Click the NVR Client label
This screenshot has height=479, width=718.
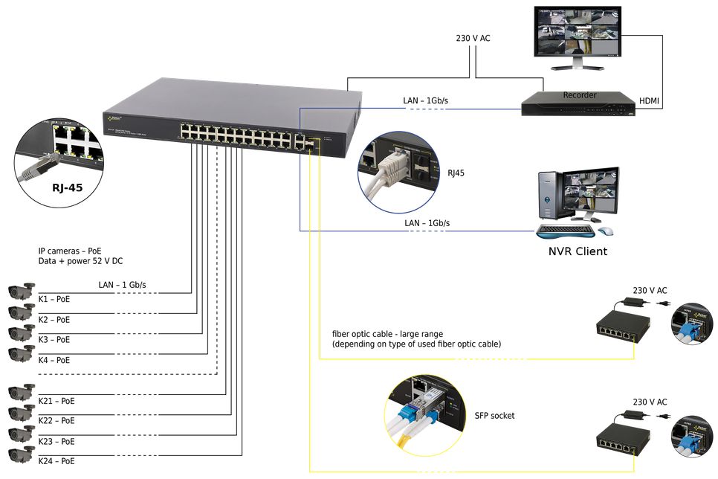[578, 251]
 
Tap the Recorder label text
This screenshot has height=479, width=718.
[580, 95]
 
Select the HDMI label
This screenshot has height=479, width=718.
[649, 100]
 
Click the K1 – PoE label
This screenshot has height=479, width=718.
[54, 299]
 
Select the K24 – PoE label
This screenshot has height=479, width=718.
[56, 462]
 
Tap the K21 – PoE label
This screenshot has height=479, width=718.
[56, 401]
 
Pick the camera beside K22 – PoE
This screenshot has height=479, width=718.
[21, 413]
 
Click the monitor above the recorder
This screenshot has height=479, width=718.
[578, 36]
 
